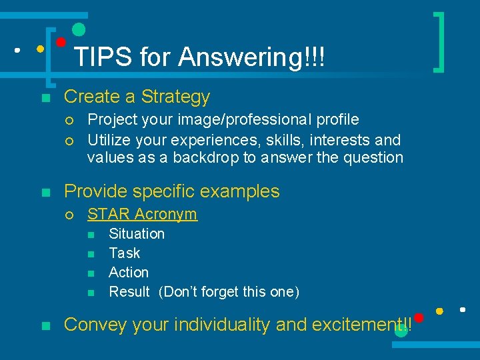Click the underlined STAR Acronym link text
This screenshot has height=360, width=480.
[142, 214]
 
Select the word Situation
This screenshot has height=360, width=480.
[137, 234]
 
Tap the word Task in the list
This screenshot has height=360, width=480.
[125, 253]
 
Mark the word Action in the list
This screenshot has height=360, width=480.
[129, 273]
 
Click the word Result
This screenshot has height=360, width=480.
[129, 292]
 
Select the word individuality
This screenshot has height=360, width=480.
[222, 325]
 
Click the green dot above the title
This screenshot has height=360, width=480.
[79, 29]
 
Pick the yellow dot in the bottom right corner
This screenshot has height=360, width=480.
[440, 311]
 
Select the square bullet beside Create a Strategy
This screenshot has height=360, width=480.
[45, 99]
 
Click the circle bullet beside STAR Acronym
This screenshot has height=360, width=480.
[69, 215]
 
